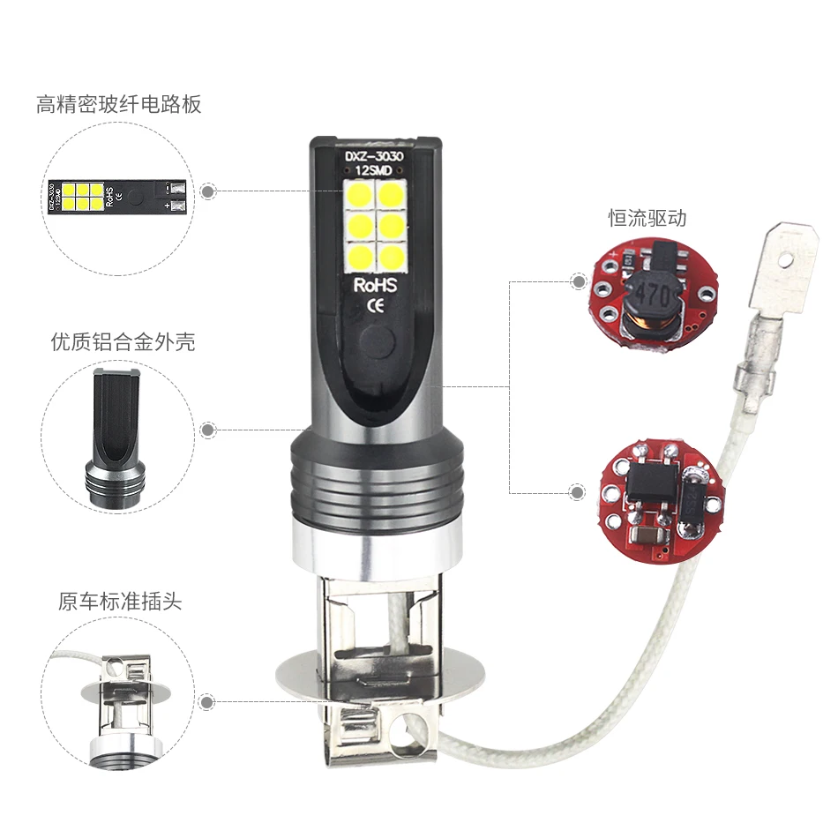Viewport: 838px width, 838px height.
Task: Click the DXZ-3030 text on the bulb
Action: [x=375, y=156]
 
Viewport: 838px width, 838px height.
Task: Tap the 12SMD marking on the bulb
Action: [x=375, y=170]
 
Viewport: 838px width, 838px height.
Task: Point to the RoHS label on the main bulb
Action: [x=376, y=286]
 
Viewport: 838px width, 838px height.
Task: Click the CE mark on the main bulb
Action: [x=374, y=306]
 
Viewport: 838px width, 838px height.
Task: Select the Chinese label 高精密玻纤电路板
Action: [x=119, y=104]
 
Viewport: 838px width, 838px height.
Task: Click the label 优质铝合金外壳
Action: [x=123, y=341]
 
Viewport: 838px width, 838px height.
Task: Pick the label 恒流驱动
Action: [x=647, y=218]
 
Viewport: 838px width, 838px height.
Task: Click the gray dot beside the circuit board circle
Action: [x=208, y=191]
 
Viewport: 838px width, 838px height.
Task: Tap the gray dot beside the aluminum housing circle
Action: [x=208, y=430]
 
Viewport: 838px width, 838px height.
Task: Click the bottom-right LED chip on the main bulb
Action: [x=389, y=257]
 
